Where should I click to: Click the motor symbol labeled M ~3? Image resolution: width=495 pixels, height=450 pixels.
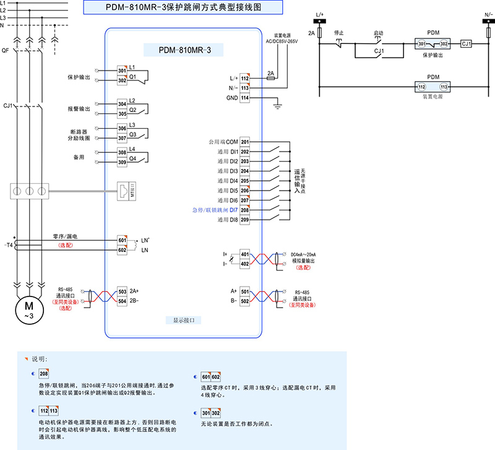(x=28, y=306)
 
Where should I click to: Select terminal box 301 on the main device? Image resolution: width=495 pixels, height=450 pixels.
(x=122, y=71)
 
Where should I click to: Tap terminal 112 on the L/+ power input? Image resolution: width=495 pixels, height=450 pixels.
(x=245, y=79)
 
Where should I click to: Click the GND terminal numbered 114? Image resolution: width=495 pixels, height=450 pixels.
(x=245, y=98)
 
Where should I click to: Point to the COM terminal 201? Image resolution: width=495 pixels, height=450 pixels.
(x=245, y=142)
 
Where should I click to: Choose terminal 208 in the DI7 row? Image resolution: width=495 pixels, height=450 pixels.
(x=245, y=210)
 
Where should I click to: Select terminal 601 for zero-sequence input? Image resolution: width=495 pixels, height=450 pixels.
(x=122, y=240)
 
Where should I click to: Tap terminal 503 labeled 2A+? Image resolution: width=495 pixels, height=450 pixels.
(x=122, y=291)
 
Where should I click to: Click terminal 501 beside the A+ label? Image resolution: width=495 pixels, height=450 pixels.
(x=245, y=291)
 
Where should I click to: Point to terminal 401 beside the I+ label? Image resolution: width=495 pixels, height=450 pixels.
(x=245, y=254)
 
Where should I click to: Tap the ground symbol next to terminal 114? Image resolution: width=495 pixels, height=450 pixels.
(x=278, y=106)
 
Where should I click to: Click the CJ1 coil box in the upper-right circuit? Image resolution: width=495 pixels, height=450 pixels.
(x=467, y=44)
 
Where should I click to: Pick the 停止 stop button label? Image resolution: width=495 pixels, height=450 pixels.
(x=339, y=32)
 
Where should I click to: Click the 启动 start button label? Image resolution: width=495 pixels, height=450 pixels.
(x=379, y=32)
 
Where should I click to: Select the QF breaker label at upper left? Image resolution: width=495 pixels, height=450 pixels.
(x=6, y=50)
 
